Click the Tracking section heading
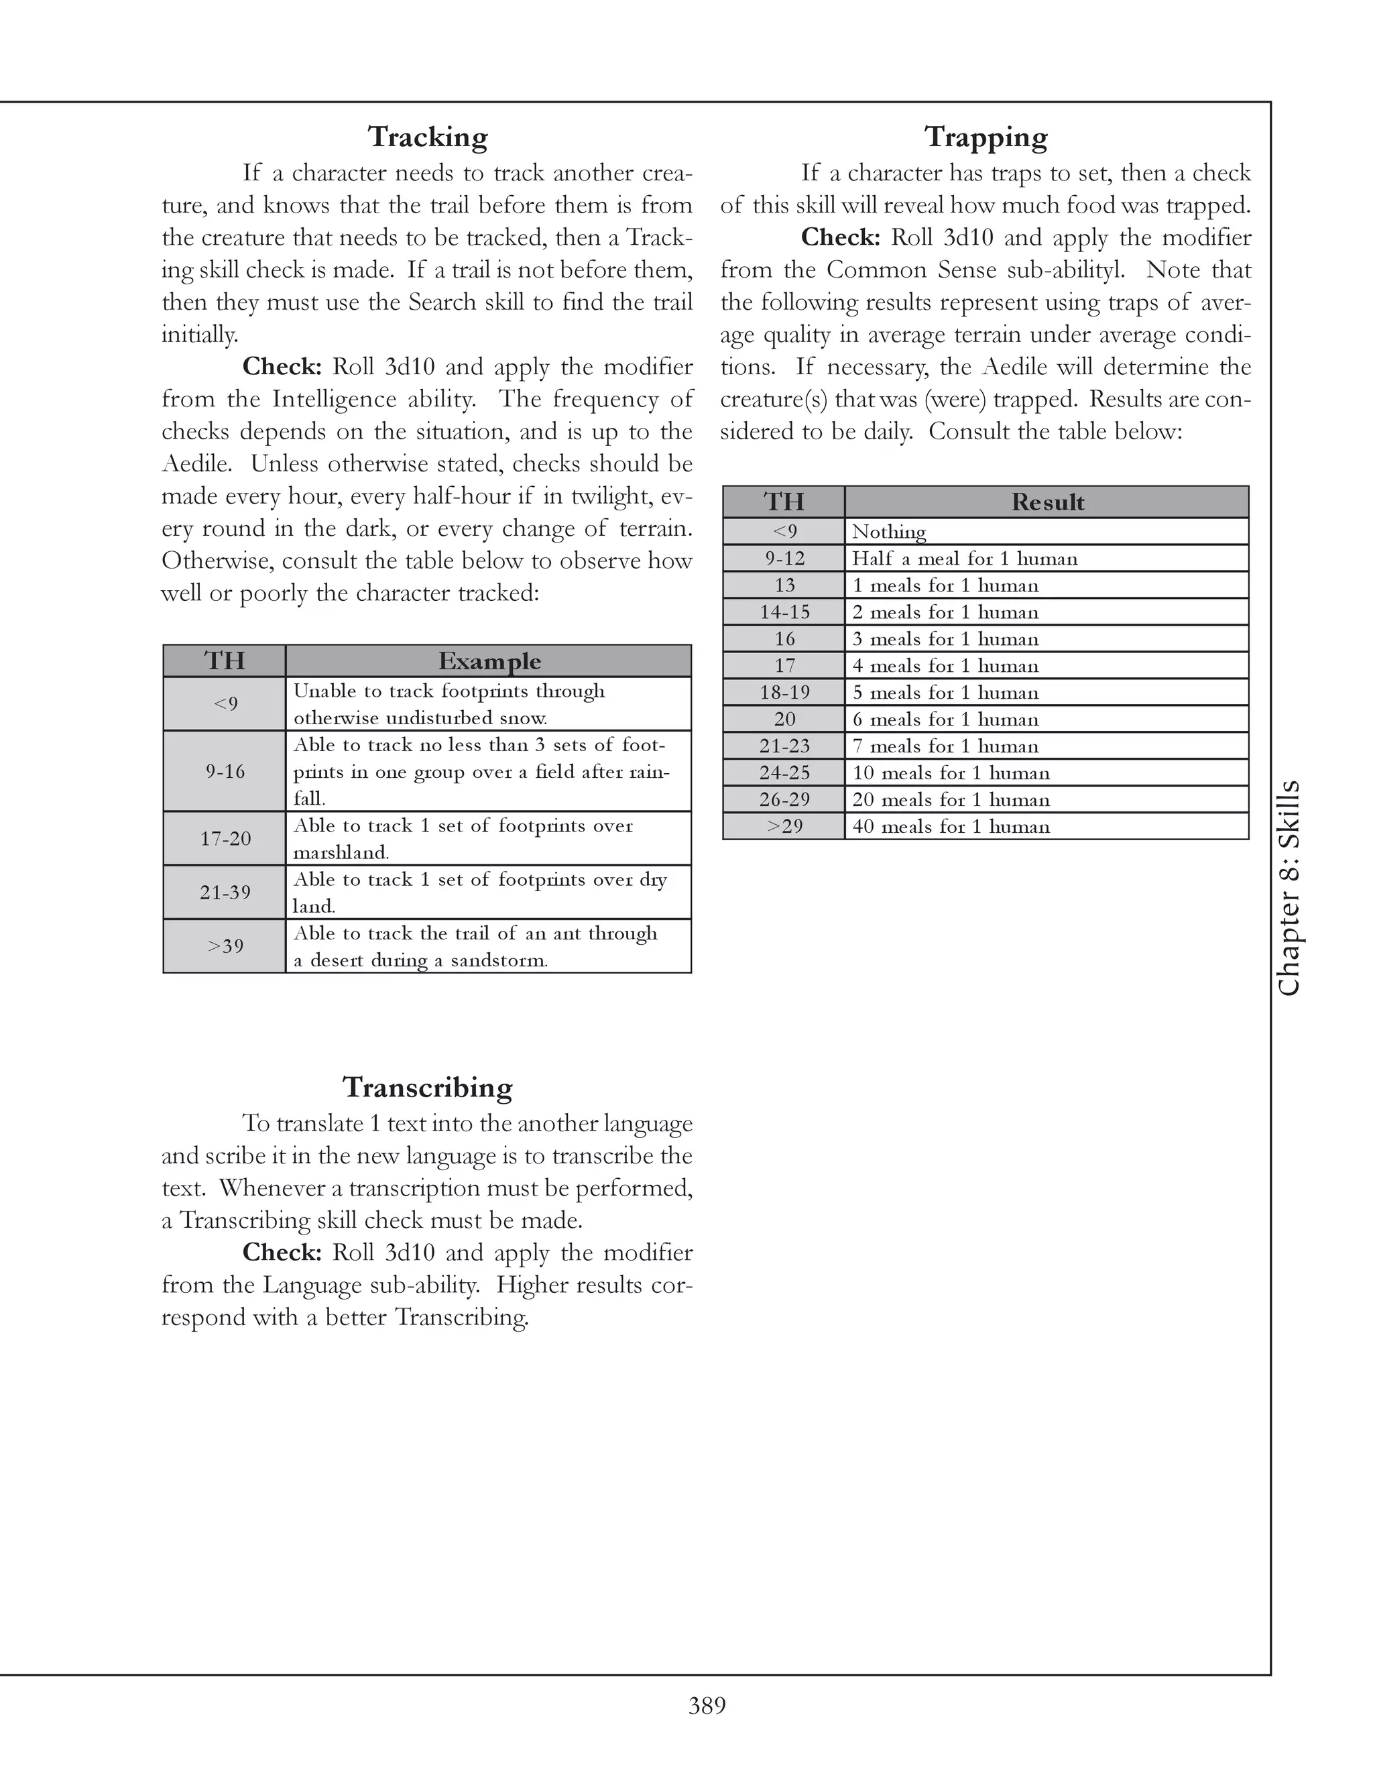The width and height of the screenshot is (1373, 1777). (x=427, y=137)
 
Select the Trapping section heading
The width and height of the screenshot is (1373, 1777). (x=985, y=137)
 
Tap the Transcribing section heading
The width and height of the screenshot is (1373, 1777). (x=427, y=1087)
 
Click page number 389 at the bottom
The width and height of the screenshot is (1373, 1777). (x=707, y=1700)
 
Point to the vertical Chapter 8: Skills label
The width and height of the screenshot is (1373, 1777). (x=1289, y=888)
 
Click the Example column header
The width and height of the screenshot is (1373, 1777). (x=489, y=661)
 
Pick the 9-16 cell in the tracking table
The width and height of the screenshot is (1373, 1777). (x=225, y=771)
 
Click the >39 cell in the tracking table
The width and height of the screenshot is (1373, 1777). (x=225, y=945)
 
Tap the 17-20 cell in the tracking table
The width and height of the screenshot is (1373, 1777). (x=225, y=838)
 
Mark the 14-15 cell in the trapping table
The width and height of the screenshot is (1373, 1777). (x=784, y=612)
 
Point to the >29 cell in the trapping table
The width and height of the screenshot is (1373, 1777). (x=784, y=826)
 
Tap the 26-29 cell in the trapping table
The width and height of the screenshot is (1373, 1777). (x=784, y=799)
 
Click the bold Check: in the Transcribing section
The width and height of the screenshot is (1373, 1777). (x=282, y=1252)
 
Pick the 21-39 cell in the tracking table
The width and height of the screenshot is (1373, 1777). (x=225, y=892)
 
